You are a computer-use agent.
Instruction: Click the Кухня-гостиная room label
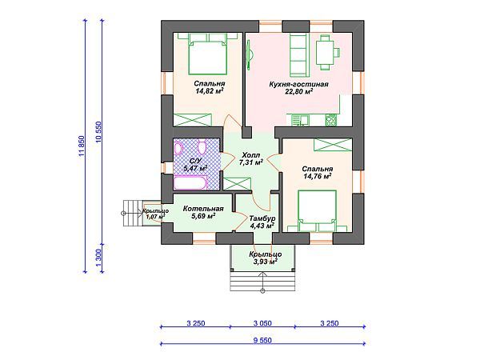pyautogui.click(x=298, y=84)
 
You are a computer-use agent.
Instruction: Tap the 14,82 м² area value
pyautogui.click(x=210, y=91)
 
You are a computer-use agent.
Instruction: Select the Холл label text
pyautogui.click(x=250, y=155)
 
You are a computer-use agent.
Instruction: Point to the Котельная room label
pyautogui.click(x=203, y=209)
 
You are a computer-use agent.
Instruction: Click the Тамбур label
pyautogui.click(x=262, y=218)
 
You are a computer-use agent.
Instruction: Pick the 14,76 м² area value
pyautogui.click(x=318, y=176)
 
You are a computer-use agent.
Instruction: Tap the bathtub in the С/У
pyautogui.click(x=190, y=182)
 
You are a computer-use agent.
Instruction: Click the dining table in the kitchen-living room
pyautogui.click(x=325, y=53)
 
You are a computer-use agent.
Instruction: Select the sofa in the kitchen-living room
pyautogui.click(x=299, y=55)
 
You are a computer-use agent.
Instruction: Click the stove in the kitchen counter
pyautogui.click(x=330, y=120)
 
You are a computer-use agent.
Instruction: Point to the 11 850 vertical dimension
pyautogui.click(x=82, y=146)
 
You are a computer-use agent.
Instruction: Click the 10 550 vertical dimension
pyautogui.click(x=98, y=132)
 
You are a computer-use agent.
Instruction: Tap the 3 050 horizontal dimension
pyautogui.click(x=262, y=323)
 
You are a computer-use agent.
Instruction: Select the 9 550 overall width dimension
pyautogui.click(x=262, y=341)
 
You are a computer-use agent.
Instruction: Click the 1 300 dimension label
pyautogui.click(x=98, y=258)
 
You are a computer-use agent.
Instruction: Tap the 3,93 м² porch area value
pyautogui.click(x=265, y=262)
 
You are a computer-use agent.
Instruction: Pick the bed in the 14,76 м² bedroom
pyautogui.click(x=317, y=210)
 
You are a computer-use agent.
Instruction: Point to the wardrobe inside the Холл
pyautogui.click(x=237, y=184)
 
